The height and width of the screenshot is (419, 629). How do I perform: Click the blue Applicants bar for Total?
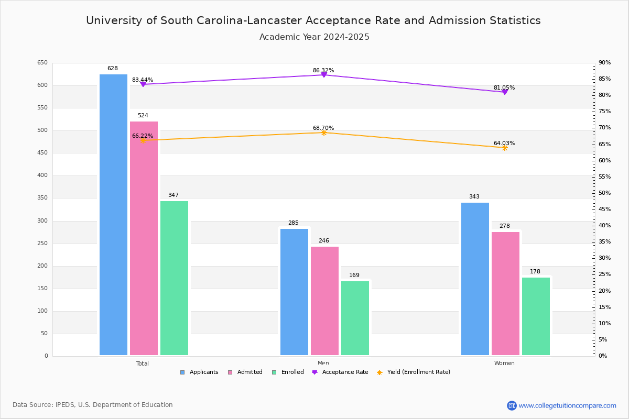point(113,215)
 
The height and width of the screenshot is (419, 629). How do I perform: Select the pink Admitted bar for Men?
point(324,301)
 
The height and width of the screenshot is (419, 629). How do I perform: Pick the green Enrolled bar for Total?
point(174,278)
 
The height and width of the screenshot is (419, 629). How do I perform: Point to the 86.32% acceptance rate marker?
point(324,75)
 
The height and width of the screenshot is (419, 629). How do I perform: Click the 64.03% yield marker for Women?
point(505,148)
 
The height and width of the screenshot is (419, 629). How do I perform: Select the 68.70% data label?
point(323,128)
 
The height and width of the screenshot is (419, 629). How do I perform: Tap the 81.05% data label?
point(504,87)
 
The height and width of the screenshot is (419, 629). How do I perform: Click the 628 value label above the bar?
point(113,69)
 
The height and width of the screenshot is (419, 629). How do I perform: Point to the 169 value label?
point(354,275)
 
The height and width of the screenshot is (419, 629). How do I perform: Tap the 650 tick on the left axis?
point(42,63)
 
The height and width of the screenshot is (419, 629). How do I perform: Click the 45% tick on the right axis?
point(605,210)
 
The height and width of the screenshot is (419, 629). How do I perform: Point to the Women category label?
point(504,363)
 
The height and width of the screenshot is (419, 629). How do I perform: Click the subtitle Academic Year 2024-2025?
point(314,37)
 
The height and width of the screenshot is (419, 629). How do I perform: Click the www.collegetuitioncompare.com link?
point(567,405)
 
